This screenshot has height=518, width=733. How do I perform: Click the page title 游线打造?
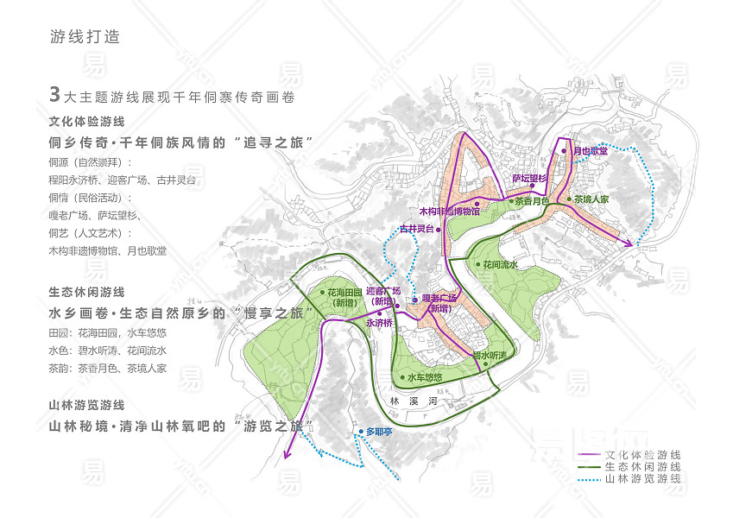pyautogui.click(x=85, y=37)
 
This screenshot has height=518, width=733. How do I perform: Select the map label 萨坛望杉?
pyautogui.click(x=530, y=179)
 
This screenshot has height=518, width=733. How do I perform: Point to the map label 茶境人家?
pyautogui.click(x=592, y=199)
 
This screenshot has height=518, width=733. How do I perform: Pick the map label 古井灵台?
pyautogui.click(x=416, y=230)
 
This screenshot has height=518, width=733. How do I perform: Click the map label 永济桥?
pyautogui.click(x=380, y=322)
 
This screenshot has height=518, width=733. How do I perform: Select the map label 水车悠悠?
pyautogui.click(x=425, y=377)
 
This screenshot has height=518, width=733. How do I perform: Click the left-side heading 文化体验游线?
pyautogui.click(x=87, y=122)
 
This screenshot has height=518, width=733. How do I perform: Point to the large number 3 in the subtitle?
pyautogui.click(x=55, y=95)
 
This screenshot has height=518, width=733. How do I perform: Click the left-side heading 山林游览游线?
pyautogui.click(x=87, y=404)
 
